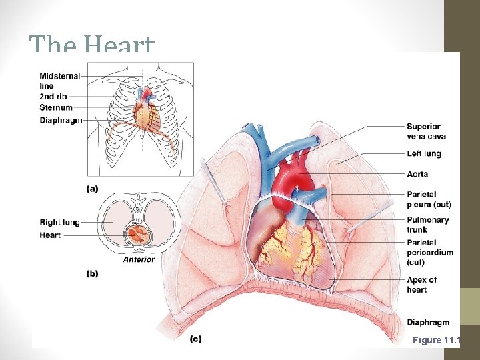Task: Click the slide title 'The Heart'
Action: pyautogui.click(x=91, y=45)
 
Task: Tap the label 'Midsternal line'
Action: pyautogui.click(x=59, y=81)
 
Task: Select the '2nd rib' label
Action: pyautogui.click(x=53, y=97)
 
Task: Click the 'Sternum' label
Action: pyautogui.click(x=56, y=107)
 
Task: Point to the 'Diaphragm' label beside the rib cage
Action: pyautogui.click(x=61, y=121)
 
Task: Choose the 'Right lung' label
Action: pyautogui.click(x=59, y=222)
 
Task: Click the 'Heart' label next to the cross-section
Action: pyautogui.click(x=49, y=235)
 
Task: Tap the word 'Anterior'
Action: pyautogui.click(x=139, y=259)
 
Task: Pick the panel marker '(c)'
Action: pyautogui.click(x=195, y=339)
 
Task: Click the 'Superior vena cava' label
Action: pyautogui.click(x=426, y=131)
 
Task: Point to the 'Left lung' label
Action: pyautogui.click(x=424, y=154)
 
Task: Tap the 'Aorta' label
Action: pyautogui.click(x=417, y=174)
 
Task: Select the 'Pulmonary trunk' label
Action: pyautogui.click(x=427, y=225)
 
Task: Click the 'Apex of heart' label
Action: pyautogui.click(x=421, y=285)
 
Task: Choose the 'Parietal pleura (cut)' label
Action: pyautogui.click(x=431, y=199)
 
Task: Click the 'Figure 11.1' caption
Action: pyautogui.click(x=436, y=340)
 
